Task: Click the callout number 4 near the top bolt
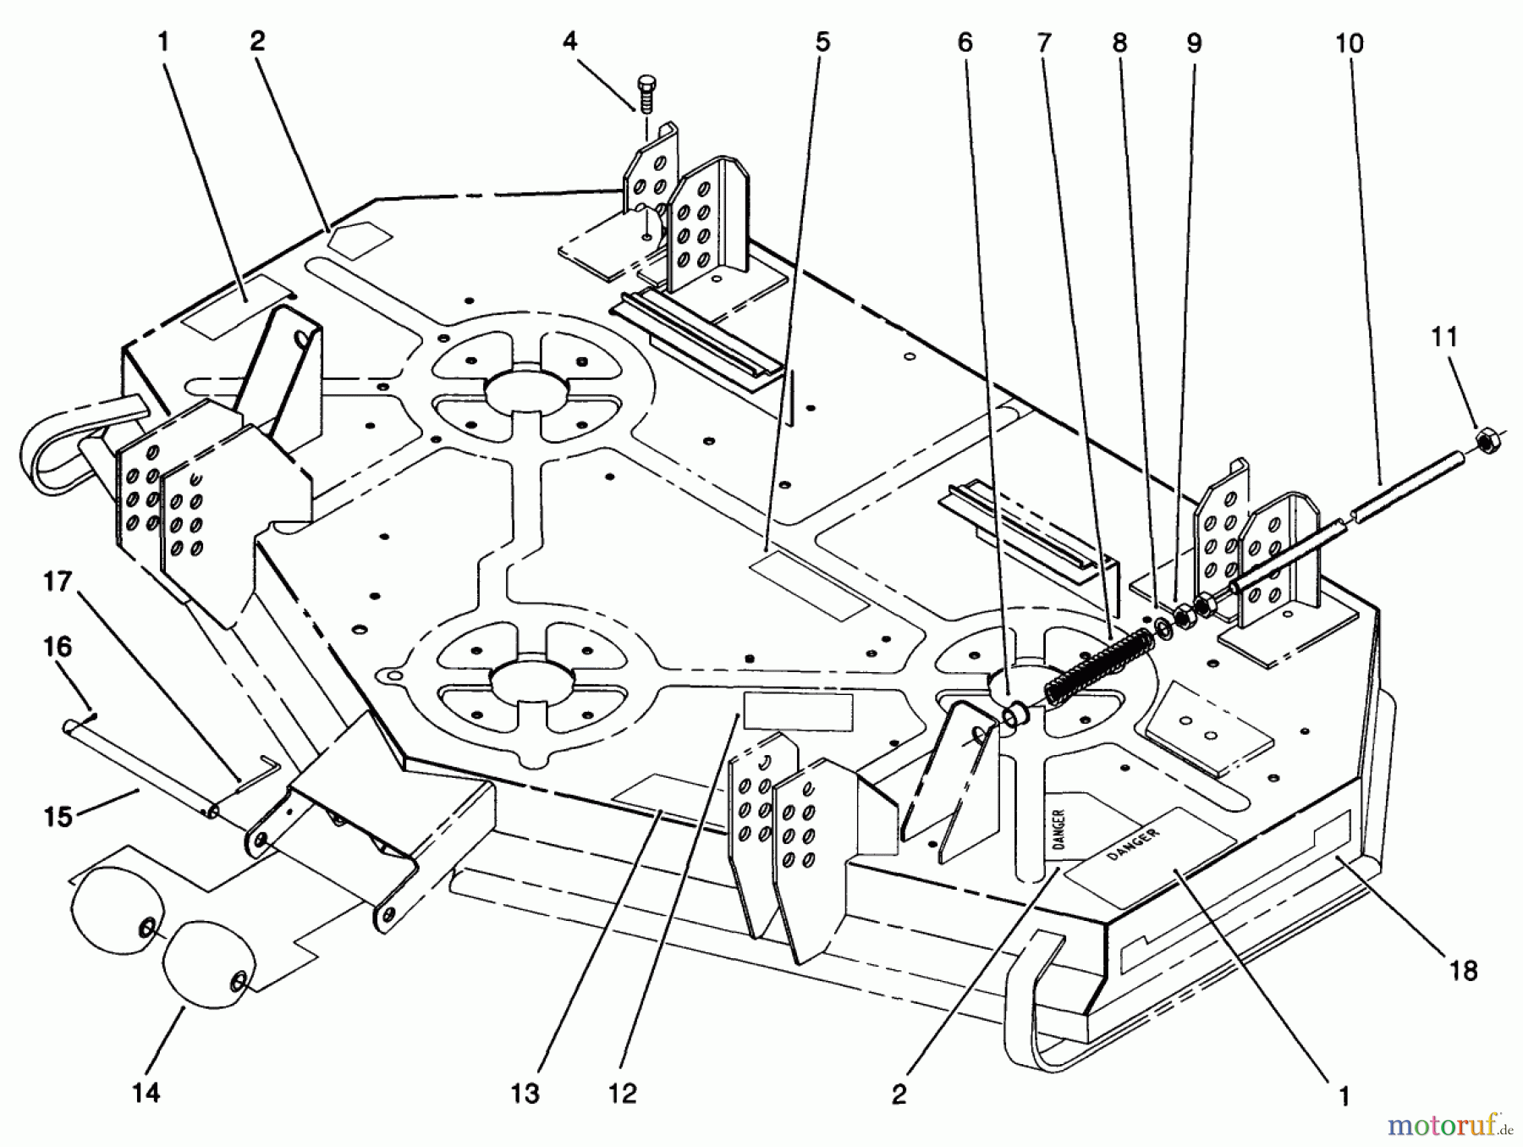[x=570, y=41]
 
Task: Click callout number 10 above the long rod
[x=1350, y=43]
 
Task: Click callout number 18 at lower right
[x=1464, y=970]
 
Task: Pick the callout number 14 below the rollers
[x=146, y=1093]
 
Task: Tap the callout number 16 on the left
[x=58, y=648]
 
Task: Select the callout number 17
[x=58, y=582]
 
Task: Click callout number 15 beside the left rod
[x=58, y=816]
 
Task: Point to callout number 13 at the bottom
[x=525, y=1094]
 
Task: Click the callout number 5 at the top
[x=823, y=41]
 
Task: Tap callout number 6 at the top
[x=965, y=42]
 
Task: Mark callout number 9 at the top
[x=1194, y=42]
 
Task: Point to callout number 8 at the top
[x=1119, y=42]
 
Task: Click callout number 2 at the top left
[x=257, y=41]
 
